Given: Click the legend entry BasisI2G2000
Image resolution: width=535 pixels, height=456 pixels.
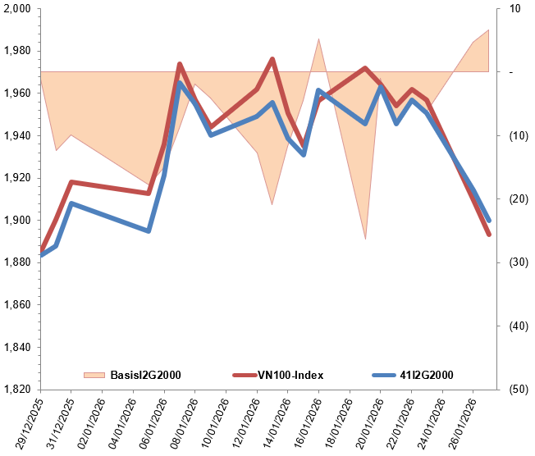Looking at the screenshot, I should [144, 375].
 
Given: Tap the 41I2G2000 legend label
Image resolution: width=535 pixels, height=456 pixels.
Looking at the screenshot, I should [424, 375].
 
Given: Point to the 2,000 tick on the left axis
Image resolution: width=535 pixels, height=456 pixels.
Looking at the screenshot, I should [16, 9].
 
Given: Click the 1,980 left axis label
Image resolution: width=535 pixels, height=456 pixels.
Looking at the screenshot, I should [16, 51].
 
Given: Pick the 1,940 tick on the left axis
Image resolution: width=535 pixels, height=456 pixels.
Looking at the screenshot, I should [16, 135].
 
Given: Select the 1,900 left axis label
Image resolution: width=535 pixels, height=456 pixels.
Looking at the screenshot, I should [16, 220].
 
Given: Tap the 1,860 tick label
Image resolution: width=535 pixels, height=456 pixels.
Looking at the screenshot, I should [16, 305].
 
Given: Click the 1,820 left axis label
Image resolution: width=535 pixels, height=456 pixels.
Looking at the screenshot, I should [16, 390].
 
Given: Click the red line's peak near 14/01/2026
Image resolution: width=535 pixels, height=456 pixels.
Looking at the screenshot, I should [272, 59].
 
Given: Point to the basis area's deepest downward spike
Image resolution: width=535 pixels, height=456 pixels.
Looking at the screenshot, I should [365, 239].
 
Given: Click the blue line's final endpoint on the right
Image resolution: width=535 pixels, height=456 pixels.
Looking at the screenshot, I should [489, 221].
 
